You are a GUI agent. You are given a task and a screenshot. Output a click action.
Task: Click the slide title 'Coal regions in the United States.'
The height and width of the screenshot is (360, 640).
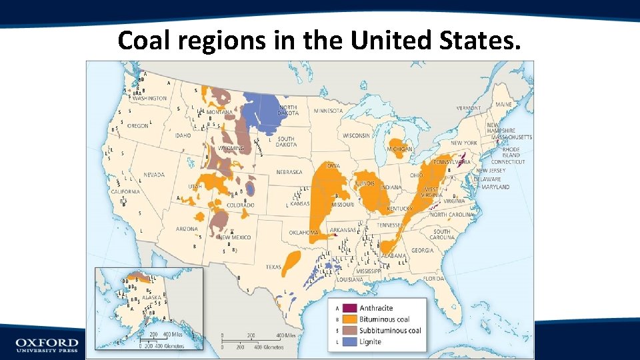point(317,41)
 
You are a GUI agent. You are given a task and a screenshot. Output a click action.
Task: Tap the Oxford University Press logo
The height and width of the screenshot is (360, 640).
point(47,345)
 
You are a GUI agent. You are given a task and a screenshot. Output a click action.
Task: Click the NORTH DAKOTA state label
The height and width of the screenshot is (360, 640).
point(288,110)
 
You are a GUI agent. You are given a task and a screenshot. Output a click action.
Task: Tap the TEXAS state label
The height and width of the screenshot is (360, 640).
point(273,267)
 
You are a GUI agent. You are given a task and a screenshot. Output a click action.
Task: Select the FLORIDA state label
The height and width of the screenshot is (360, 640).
point(433,278)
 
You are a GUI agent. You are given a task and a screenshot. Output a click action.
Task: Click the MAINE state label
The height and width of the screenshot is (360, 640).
point(503,105)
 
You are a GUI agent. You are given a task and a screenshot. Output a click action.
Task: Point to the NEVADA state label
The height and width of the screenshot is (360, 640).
point(153,175)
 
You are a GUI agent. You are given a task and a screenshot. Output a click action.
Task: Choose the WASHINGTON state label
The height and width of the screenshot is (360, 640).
point(149,98)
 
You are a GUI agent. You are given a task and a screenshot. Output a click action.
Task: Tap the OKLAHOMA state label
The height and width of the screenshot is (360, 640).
point(303,233)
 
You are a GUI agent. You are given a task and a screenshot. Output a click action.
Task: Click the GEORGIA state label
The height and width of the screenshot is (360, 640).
point(422,251)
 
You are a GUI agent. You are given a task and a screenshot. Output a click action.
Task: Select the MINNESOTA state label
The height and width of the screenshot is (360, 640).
point(328,111)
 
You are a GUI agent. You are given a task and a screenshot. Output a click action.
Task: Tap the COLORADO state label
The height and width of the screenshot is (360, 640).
point(240,205)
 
